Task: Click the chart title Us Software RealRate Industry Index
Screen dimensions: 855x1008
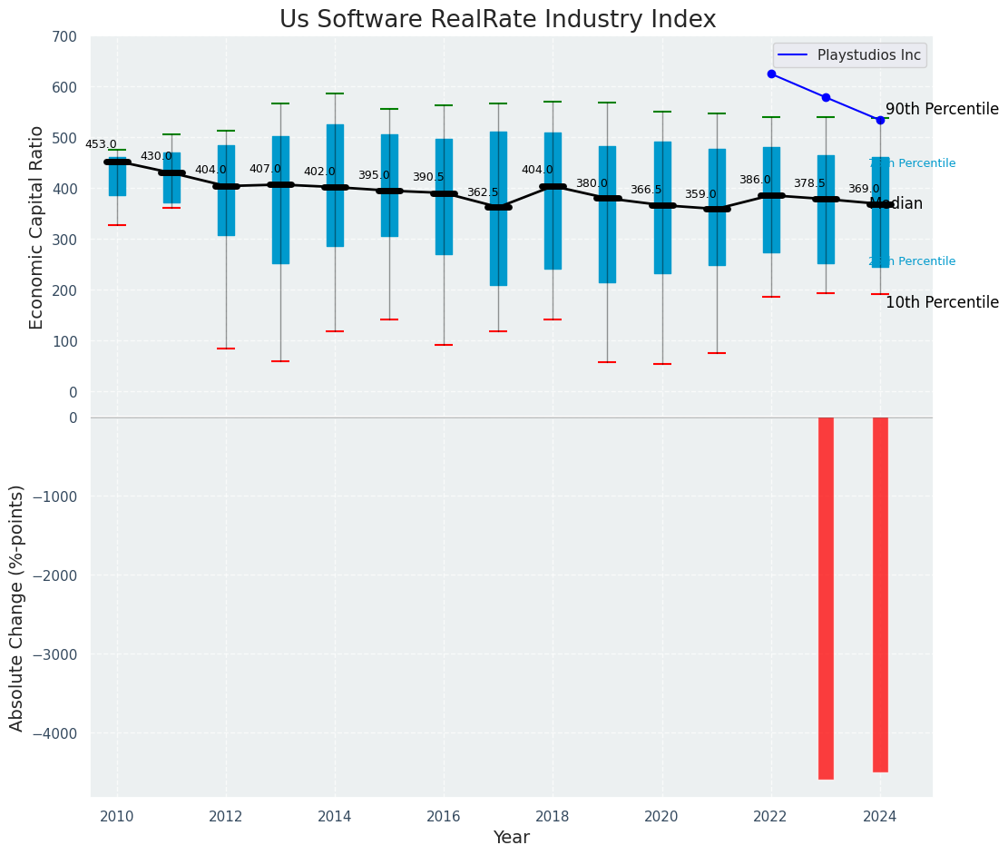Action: tap(497, 20)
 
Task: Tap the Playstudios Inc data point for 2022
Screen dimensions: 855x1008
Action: tap(771, 74)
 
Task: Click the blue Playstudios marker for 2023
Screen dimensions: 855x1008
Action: tap(826, 97)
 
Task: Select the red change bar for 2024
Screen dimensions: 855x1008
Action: tap(880, 595)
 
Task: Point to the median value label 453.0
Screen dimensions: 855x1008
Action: tap(101, 144)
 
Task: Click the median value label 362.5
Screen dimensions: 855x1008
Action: tap(483, 192)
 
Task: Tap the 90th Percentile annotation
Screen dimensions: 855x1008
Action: tap(942, 109)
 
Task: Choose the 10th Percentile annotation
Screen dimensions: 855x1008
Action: tap(942, 302)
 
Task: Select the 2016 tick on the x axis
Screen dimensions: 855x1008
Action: tap(444, 816)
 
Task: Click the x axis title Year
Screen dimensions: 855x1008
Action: tap(511, 838)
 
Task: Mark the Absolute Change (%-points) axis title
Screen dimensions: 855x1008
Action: tap(17, 607)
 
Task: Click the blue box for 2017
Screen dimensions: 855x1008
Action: tap(498, 209)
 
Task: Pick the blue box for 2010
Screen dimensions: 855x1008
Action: tap(117, 177)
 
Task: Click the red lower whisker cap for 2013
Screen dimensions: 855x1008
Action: tap(280, 361)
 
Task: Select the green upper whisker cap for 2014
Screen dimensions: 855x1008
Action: tap(335, 93)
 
